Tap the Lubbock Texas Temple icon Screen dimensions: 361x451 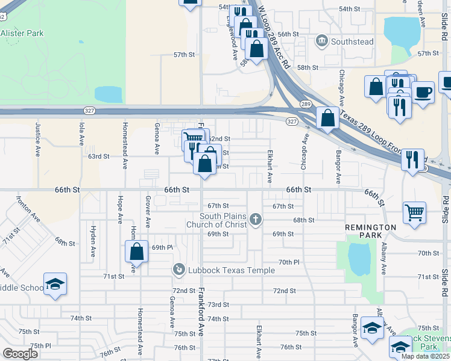coord(178,270)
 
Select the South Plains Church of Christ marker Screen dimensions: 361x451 coord(256,220)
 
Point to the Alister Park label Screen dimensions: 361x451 coord(22,34)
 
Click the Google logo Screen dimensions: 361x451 coord(20,353)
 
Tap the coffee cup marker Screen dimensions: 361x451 coord(423,93)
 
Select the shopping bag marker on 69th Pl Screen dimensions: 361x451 coord(137,251)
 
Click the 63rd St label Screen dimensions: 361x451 coord(98,156)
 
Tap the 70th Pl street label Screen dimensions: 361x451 coord(289,262)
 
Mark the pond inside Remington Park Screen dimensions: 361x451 coord(359,259)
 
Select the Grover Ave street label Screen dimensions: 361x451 coord(148,207)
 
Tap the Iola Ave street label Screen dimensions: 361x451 coord(82,133)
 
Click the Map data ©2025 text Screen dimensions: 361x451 coord(424,356)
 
